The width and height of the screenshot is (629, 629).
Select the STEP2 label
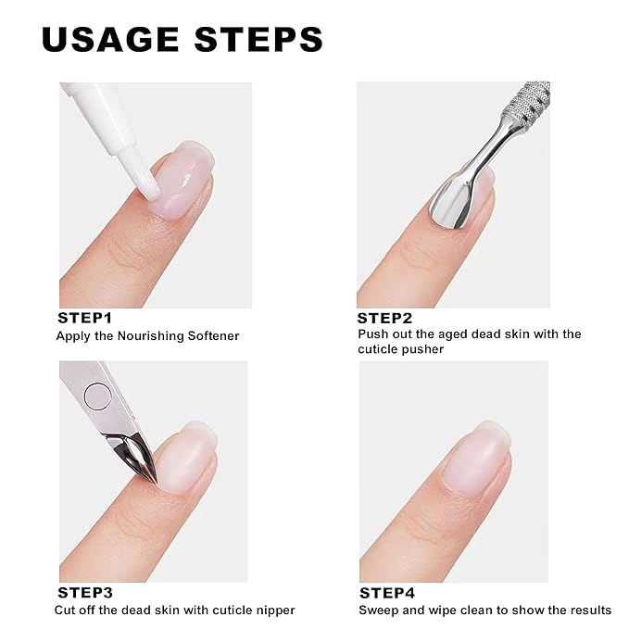click(x=385, y=317)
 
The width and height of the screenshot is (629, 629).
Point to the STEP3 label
click(x=85, y=593)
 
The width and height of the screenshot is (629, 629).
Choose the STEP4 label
click(x=387, y=593)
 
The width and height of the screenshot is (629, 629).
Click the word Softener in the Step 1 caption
click(x=212, y=335)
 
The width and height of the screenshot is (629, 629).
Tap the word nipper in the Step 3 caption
click(x=273, y=610)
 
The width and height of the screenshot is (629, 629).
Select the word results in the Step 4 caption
click(x=588, y=610)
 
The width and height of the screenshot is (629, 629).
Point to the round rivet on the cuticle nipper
click(x=97, y=396)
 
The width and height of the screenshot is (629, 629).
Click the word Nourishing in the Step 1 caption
click(x=147, y=335)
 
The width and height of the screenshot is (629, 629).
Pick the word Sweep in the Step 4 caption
click(x=377, y=610)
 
